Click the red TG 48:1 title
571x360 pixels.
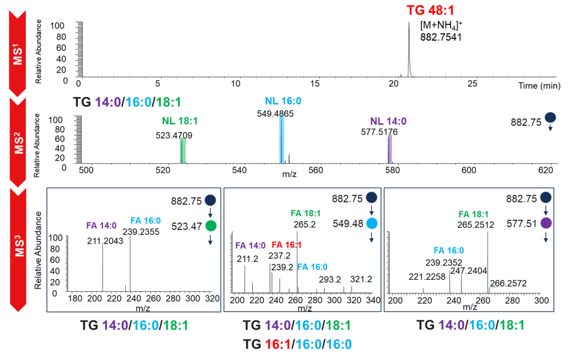[x=431, y=10]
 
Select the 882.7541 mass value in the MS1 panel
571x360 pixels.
[x=441, y=37]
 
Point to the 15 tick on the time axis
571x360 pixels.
[x=316, y=84]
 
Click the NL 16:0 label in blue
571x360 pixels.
[x=283, y=102]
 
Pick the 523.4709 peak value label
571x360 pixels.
[x=174, y=135]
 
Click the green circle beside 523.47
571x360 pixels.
[x=211, y=226]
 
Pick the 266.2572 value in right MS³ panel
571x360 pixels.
[x=509, y=283]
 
